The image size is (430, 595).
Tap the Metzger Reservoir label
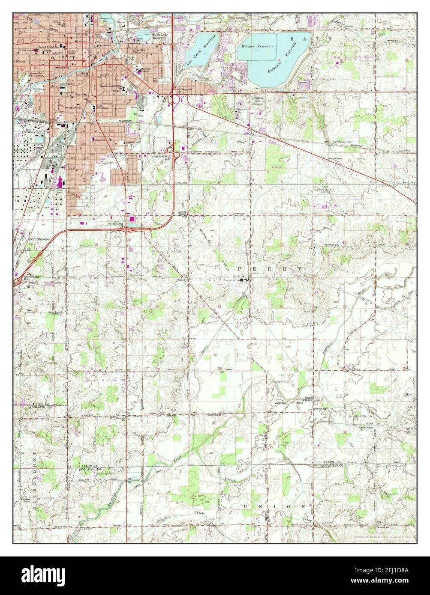coord(257,46)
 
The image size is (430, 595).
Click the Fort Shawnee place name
coord(39,239)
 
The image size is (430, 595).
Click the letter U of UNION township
coord(246,506)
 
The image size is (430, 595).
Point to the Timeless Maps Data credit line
coord(383,536)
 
